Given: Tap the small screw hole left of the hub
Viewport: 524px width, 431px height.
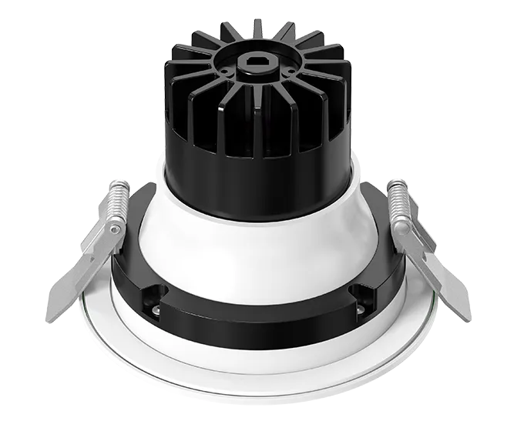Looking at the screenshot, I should pyautogui.click(x=223, y=72).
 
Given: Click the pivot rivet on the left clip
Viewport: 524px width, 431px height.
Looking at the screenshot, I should pyautogui.click(x=115, y=229).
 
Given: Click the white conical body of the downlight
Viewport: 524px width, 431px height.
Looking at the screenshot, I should pyautogui.click(x=254, y=246).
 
